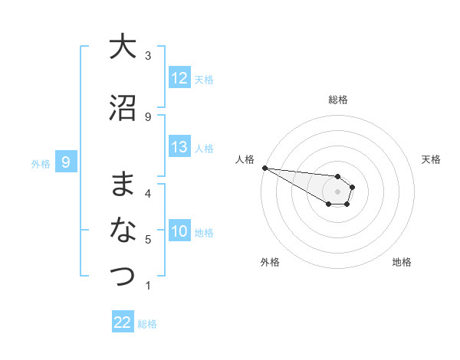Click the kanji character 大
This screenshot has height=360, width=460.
123,47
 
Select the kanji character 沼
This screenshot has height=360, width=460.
123,107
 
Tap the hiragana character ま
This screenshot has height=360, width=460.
123,184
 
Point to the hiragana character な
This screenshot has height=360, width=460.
123,230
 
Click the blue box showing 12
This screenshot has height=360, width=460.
179,78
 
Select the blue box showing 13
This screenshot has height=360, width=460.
179,148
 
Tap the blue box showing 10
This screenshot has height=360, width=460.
179,232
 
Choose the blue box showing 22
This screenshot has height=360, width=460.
123,322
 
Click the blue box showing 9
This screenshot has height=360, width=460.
66,162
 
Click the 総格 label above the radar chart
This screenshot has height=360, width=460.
337,100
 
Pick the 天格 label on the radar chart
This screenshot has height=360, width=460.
432,159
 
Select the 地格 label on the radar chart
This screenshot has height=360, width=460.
402,262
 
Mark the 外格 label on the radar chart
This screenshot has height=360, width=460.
269,262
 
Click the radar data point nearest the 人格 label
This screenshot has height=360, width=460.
264,168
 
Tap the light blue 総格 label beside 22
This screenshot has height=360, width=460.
147,324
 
